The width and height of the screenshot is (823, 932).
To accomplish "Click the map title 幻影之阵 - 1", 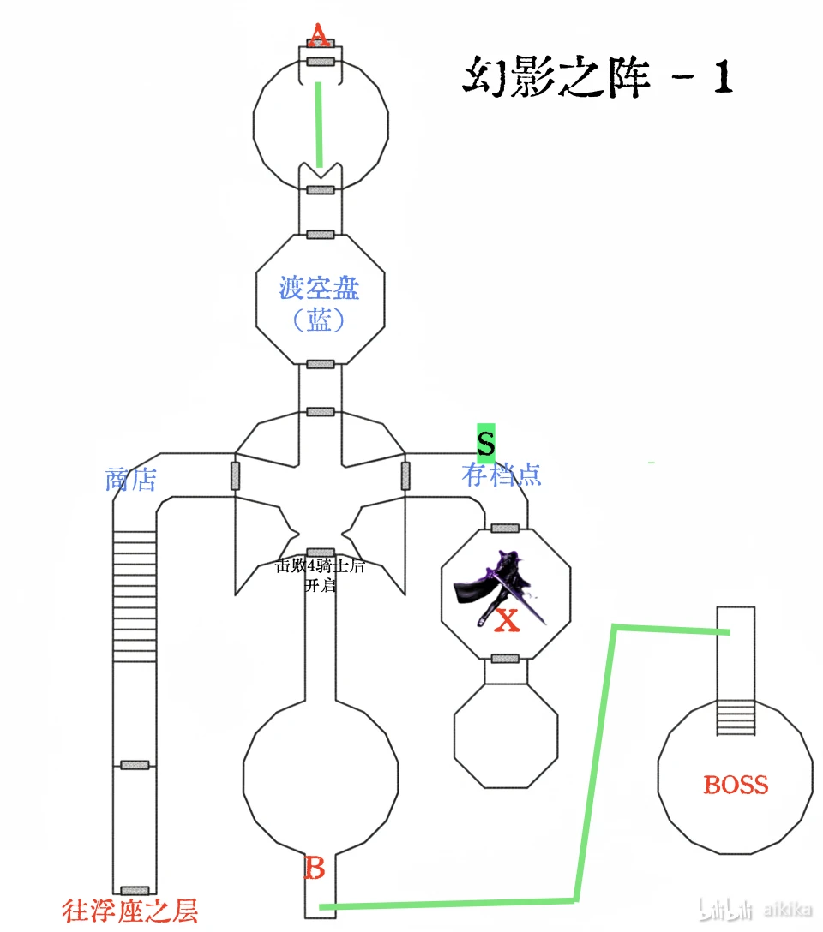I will pyautogui.click(x=598, y=77).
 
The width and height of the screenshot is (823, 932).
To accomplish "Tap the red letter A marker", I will pyautogui.click(x=319, y=36).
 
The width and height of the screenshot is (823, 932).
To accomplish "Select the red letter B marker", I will pyautogui.click(x=315, y=869).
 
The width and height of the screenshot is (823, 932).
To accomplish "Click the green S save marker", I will pyautogui.click(x=486, y=443).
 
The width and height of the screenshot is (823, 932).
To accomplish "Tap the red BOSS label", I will pyautogui.click(x=736, y=785).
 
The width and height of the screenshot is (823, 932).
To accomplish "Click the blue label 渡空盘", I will pyautogui.click(x=319, y=288).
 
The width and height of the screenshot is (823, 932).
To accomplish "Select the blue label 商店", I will pyautogui.click(x=130, y=480).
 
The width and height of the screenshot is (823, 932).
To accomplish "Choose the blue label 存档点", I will pyautogui.click(x=502, y=474).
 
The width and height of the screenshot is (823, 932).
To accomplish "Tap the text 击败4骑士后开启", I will pyautogui.click(x=319, y=575).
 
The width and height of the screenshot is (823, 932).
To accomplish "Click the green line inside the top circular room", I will pyautogui.click(x=318, y=124).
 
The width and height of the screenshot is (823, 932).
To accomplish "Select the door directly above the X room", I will pyautogui.click(x=505, y=528).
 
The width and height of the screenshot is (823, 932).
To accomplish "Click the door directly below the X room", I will pyautogui.click(x=505, y=659).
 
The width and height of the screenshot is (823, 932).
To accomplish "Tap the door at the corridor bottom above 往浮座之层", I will pyautogui.click(x=135, y=892).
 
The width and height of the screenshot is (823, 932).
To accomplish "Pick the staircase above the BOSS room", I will pyautogui.click(x=736, y=718).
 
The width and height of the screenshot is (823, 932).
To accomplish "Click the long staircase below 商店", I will pyautogui.click(x=135, y=595).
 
